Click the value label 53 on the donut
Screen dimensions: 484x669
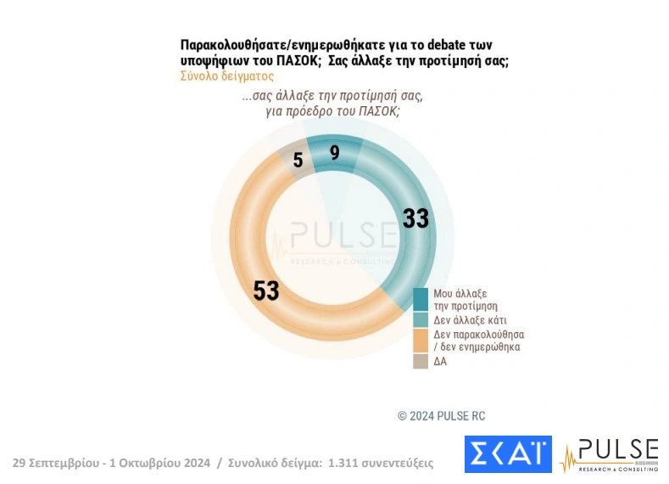(266, 290)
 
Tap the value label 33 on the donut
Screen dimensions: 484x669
(415, 218)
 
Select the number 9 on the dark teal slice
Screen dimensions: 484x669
(334, 154)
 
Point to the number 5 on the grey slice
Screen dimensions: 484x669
(298, 160)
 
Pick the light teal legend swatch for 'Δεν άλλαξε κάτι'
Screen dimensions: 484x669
(421, 319)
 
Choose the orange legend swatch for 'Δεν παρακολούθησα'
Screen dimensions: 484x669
(421, 340)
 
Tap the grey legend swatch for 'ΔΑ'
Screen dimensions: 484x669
(421, 361)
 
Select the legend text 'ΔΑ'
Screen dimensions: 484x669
(440, 361)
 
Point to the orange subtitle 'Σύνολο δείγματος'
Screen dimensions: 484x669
(226, 75)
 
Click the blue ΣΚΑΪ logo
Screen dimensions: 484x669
(507, 454)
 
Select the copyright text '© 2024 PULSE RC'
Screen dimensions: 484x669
(441, 416)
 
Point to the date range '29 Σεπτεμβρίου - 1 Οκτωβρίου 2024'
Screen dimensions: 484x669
(110, 463)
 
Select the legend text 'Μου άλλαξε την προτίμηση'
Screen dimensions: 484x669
(465, 299)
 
